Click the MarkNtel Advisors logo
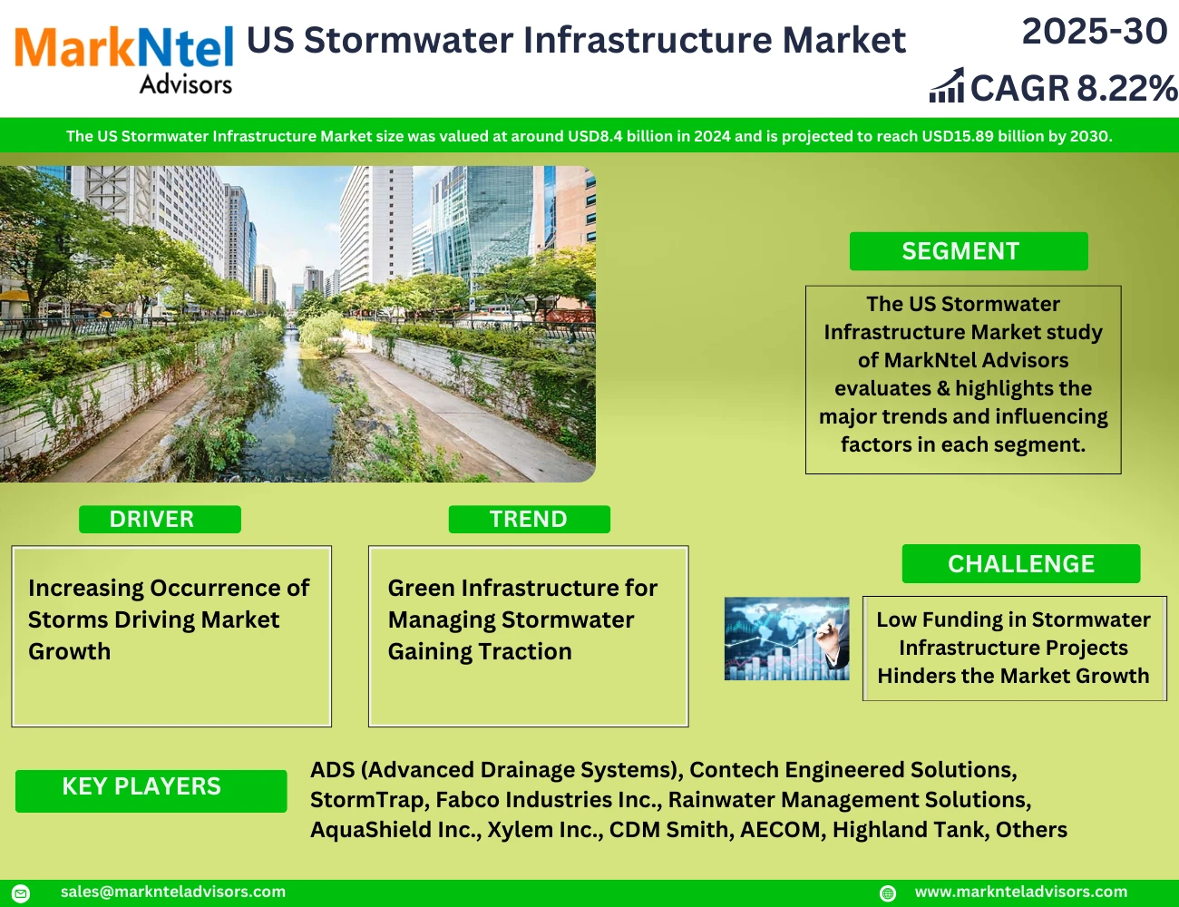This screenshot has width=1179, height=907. (124, 60)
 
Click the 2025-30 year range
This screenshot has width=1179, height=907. (1095, 31)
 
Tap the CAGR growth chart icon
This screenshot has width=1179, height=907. (947, 85)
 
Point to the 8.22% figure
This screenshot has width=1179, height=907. (1127, 88)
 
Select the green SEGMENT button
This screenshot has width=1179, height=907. (969, 251)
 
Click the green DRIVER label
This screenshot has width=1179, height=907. (160, 519)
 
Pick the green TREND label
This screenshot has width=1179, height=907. (529, 519)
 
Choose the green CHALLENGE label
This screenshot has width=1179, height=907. (1021, 563)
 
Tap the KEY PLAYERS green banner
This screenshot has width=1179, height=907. (151, 790)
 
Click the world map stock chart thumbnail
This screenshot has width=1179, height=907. (786, 639)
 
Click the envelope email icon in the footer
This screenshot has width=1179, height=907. (21, 892)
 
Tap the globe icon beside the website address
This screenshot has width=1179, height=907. (888, 892)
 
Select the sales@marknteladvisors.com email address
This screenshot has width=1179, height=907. (173, 892)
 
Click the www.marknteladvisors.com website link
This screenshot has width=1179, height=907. (1020, 892)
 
